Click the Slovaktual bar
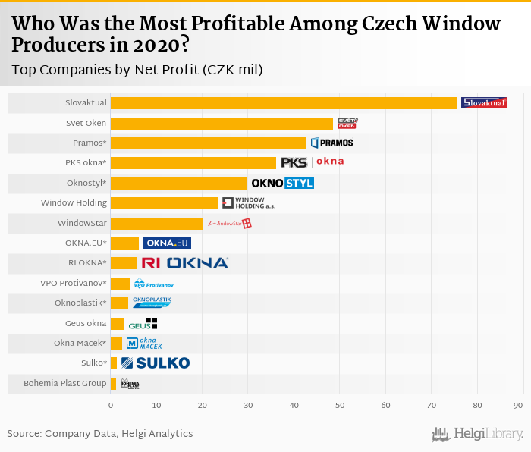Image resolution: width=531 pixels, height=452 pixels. click(284, 103)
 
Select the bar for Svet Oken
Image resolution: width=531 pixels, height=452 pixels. click(222, 123)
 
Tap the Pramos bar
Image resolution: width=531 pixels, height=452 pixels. click(209, 143)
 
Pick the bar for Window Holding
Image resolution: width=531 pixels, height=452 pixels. click(164, 203)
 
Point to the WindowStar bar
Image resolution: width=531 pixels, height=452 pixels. click(157, 223)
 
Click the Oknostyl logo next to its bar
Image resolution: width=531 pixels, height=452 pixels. click(282, 184)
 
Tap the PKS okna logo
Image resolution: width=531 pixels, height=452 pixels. click(312, 162)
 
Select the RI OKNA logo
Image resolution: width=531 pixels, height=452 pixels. click(184, 263)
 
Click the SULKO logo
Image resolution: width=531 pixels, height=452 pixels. click(156, 363)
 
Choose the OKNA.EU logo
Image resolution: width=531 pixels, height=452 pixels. click(167, 243)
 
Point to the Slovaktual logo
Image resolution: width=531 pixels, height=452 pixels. click(484, 103)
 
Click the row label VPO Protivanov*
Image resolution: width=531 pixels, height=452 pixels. click(74, 284)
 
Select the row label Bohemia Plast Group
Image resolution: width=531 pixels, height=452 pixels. click(65, 384)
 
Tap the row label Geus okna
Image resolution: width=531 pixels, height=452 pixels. click(86, 323)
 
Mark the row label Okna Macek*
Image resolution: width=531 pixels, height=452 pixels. click(80, 344)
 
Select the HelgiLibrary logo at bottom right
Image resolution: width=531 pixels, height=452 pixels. click(477, 435)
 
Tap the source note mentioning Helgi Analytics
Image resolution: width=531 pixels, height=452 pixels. click(99, 434)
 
